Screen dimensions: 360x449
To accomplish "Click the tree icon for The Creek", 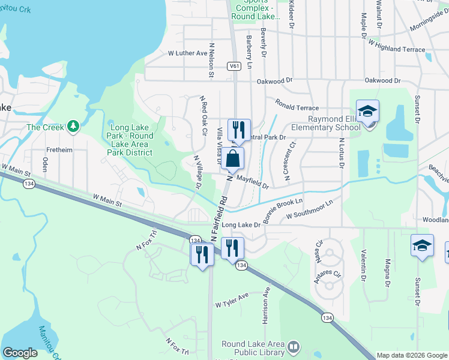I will pyautogui.click(x=73, y=127).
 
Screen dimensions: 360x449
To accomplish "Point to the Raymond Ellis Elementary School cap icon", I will pyautogui.click(x=367, y=112).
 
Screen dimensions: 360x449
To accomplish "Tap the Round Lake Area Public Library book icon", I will pyautogui.click(x=294, y=347).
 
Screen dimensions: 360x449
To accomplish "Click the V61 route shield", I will pyautogui.click(x=234, y=67).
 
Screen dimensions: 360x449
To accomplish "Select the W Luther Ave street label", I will pyautogui.click(x=187, y=53).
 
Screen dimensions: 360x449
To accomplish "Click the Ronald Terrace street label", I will pyautogui.click(x=297, y=107).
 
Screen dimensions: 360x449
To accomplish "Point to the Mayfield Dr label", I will pyautogui.click(x=252, y=181).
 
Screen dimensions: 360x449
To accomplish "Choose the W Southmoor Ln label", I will pyautogui.click(x=309, y=210).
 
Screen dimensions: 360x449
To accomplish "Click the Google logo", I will pyautogui.click(x=20, y=353).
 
